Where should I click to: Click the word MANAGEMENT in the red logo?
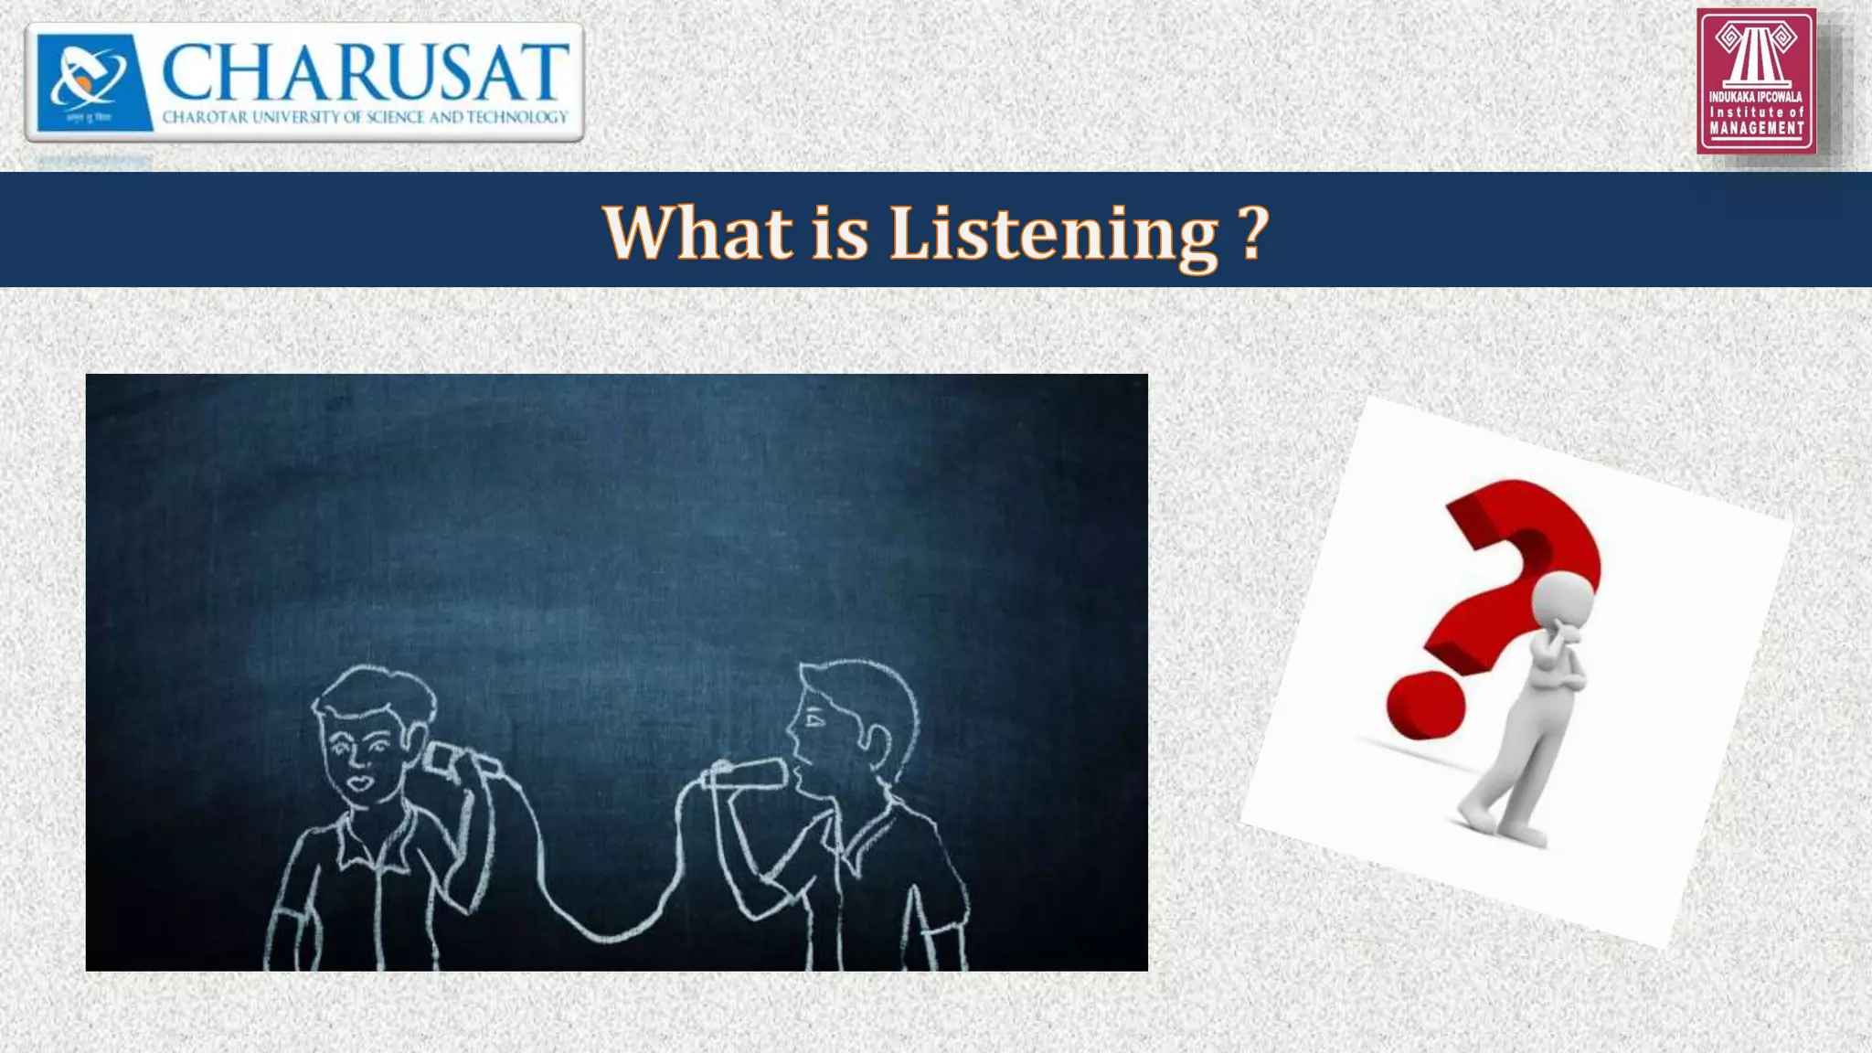pyautogui.click(x=1756, y=129)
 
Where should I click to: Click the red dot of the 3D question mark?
pyautogui.click(x=1425, y=706)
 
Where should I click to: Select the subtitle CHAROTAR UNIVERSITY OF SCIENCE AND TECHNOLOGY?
pyautogui.click(x=365, y=117)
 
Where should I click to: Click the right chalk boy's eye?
pyautogui.click(x=814, y=721)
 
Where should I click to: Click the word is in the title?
pyautogui.click(x=840, y=233)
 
